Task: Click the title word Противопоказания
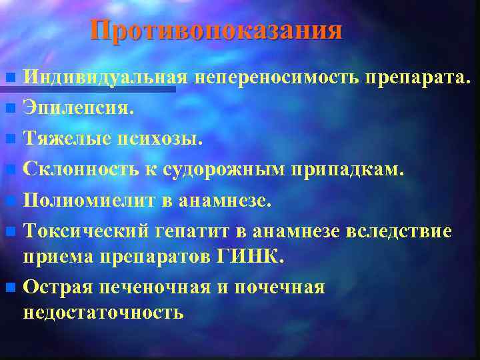(x=217, y=31)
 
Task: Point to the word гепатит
(x=188, y=231)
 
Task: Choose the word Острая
(x=57, y=287)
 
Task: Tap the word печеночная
(x=153, y=287)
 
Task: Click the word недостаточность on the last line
(x=103, y=312)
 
